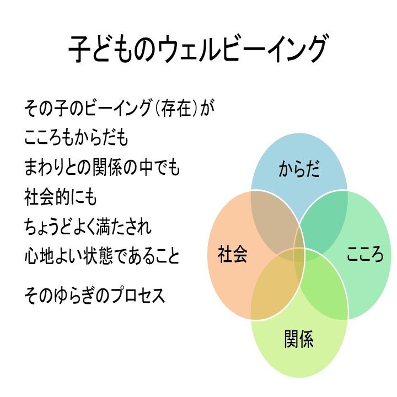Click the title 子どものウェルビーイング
[198, 50]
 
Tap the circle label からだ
[299, 168]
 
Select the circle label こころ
[364, 255]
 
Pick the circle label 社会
[233, 255]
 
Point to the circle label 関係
[299, 339]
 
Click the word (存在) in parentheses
[176, 108]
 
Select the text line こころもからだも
[77, 138]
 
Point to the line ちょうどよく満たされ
[88, 227]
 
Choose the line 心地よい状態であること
[102, 256]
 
